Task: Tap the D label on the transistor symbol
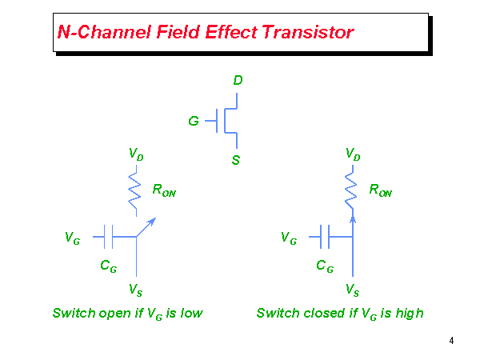238,81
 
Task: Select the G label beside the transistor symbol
194,122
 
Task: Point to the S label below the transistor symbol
236,160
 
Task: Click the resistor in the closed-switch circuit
352,190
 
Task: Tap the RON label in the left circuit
164,191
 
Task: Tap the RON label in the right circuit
380,191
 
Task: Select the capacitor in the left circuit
110,236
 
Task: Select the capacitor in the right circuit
326,236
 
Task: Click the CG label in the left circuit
109,267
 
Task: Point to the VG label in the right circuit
289,238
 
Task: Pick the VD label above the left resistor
136,153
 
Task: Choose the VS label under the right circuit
352,288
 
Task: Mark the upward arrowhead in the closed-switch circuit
352,218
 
